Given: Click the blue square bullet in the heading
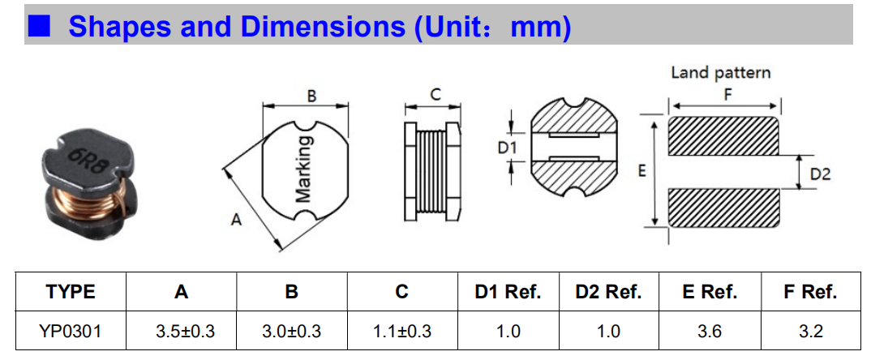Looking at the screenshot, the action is coord(39,25).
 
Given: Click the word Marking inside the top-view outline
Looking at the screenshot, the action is coord(305,169).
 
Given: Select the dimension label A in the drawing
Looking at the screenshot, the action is coord(236,221).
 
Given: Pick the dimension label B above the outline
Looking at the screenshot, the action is coord(311,96).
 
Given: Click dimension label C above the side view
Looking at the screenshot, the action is coord(435,95).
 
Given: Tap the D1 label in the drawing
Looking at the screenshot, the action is coord(507,148).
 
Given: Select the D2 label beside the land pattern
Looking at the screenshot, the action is coord(820,174).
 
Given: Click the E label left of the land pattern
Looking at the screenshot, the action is coord(641,172).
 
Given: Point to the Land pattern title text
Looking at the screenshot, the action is coord(720,73).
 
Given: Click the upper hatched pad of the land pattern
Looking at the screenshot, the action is coord(723,135).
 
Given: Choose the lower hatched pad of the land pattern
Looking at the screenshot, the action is coord(723,208).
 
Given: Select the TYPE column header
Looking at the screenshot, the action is coord(71,292).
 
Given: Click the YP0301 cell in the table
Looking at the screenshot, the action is coord(71,332).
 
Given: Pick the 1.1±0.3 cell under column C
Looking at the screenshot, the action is coord(402,332).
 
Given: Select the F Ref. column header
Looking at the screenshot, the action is coord(810,292).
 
